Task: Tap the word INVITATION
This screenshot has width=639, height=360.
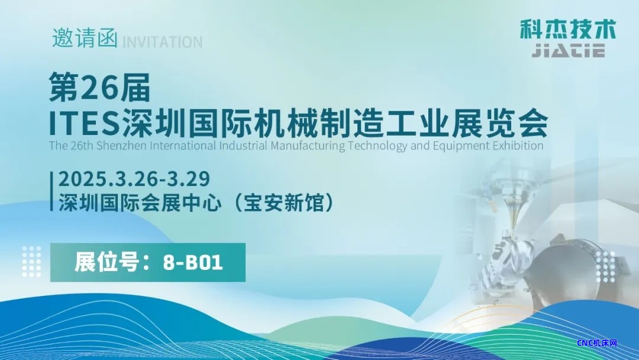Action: (162, 42)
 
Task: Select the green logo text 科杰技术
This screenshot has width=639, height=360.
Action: (567, 30)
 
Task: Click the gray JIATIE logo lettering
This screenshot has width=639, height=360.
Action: (569, 51)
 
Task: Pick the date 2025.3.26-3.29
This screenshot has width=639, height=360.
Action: (134, 179)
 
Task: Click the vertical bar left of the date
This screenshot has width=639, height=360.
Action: (51, 191)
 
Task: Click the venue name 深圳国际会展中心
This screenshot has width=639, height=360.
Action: (140, 202)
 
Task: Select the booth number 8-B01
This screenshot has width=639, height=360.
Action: (193, 262)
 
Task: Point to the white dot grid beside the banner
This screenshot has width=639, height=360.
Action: (31, 262)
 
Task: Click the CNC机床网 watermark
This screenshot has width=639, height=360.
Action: (598, 343)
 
